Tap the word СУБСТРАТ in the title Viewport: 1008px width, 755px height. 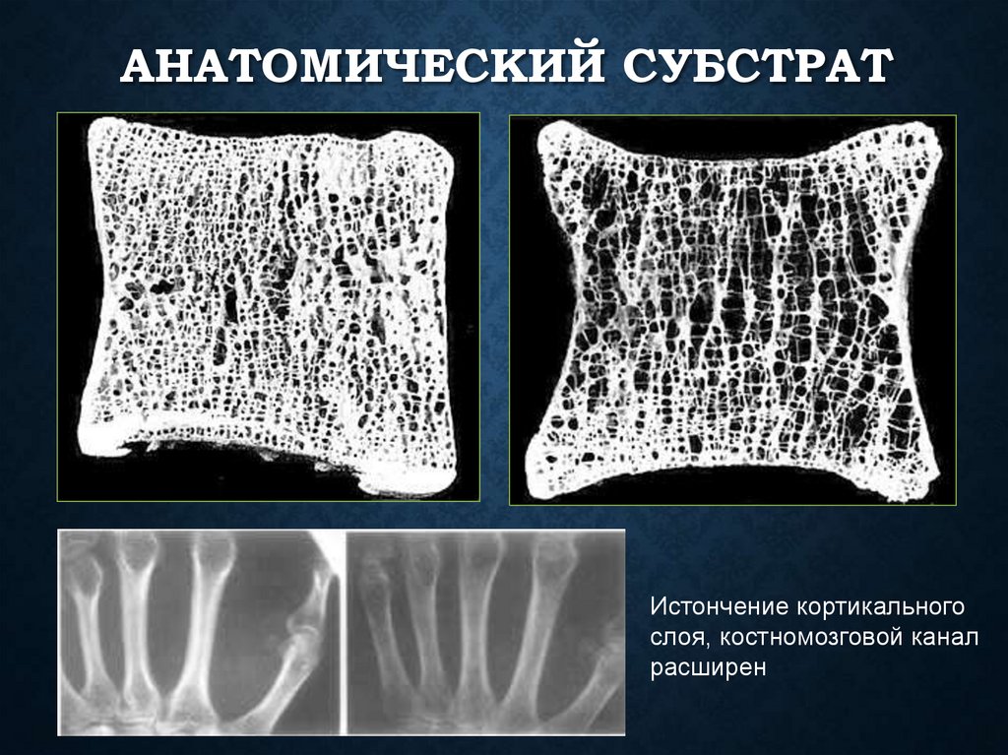click(x=759, y=72)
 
